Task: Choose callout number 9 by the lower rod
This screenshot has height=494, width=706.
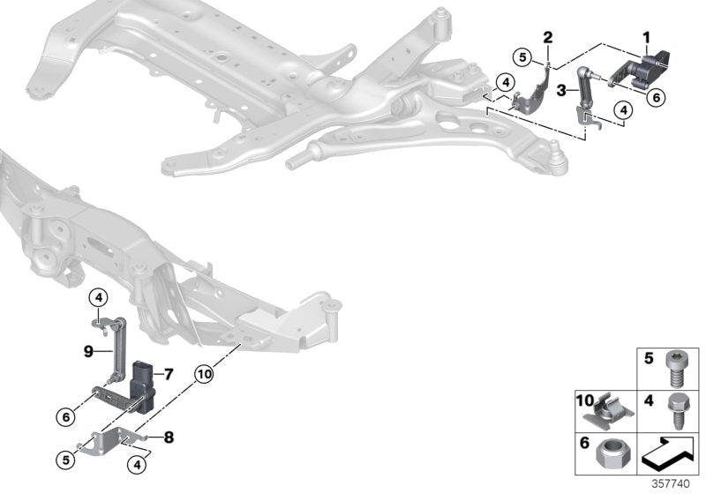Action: tap(88, 351)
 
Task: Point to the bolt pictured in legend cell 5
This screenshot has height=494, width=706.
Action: tap(680, 370)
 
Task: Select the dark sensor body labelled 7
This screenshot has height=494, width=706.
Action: tap(143, 381)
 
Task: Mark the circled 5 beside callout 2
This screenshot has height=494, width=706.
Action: tap(523, 58)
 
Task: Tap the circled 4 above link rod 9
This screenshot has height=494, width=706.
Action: tap(98, 296)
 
